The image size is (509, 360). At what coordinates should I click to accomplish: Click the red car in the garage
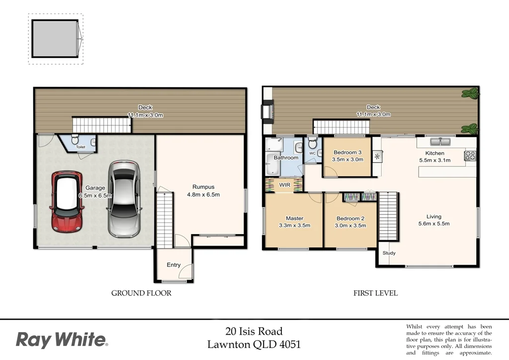tap(66, 202)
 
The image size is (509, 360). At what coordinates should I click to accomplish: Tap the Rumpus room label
tap(203, 187)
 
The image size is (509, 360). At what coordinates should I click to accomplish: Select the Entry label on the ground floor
tap(173, 265)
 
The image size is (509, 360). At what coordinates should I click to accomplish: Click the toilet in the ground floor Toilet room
tap(74, 140)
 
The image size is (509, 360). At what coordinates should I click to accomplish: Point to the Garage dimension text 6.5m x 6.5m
tap(95, 195)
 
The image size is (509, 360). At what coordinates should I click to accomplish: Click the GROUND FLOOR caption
tap(141, 293)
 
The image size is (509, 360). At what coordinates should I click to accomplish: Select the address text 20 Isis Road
tap(254, 331)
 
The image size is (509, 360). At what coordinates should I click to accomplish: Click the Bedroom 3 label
tap(347, 153)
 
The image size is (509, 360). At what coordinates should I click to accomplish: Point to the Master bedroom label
tap(294, 218)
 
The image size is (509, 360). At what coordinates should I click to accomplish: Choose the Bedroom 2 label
tap(350, 218)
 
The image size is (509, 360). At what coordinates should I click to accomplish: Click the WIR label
tap(285, 185)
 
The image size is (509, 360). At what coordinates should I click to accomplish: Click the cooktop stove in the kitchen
tap(470, 157)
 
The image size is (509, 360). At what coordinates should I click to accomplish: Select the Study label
tap(389, 254)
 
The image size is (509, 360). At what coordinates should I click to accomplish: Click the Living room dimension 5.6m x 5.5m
tap(433, 224)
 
